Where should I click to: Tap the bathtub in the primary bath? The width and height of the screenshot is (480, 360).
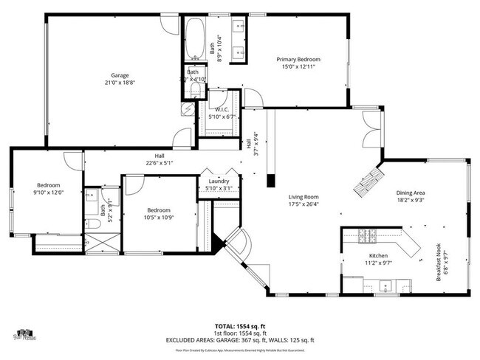[x=195, y=39]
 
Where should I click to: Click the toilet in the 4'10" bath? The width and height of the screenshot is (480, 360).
[x=194, y=90]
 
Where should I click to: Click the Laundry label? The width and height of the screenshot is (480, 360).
[x=219, y=181]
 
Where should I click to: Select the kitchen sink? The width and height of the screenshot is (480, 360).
[x=385, y=285]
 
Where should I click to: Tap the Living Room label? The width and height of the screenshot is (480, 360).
[x=304, y=197]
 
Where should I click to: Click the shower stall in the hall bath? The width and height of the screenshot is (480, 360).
[x=98, y=242]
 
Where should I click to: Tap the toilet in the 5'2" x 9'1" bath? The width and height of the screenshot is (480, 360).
[x=91, y=198]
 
